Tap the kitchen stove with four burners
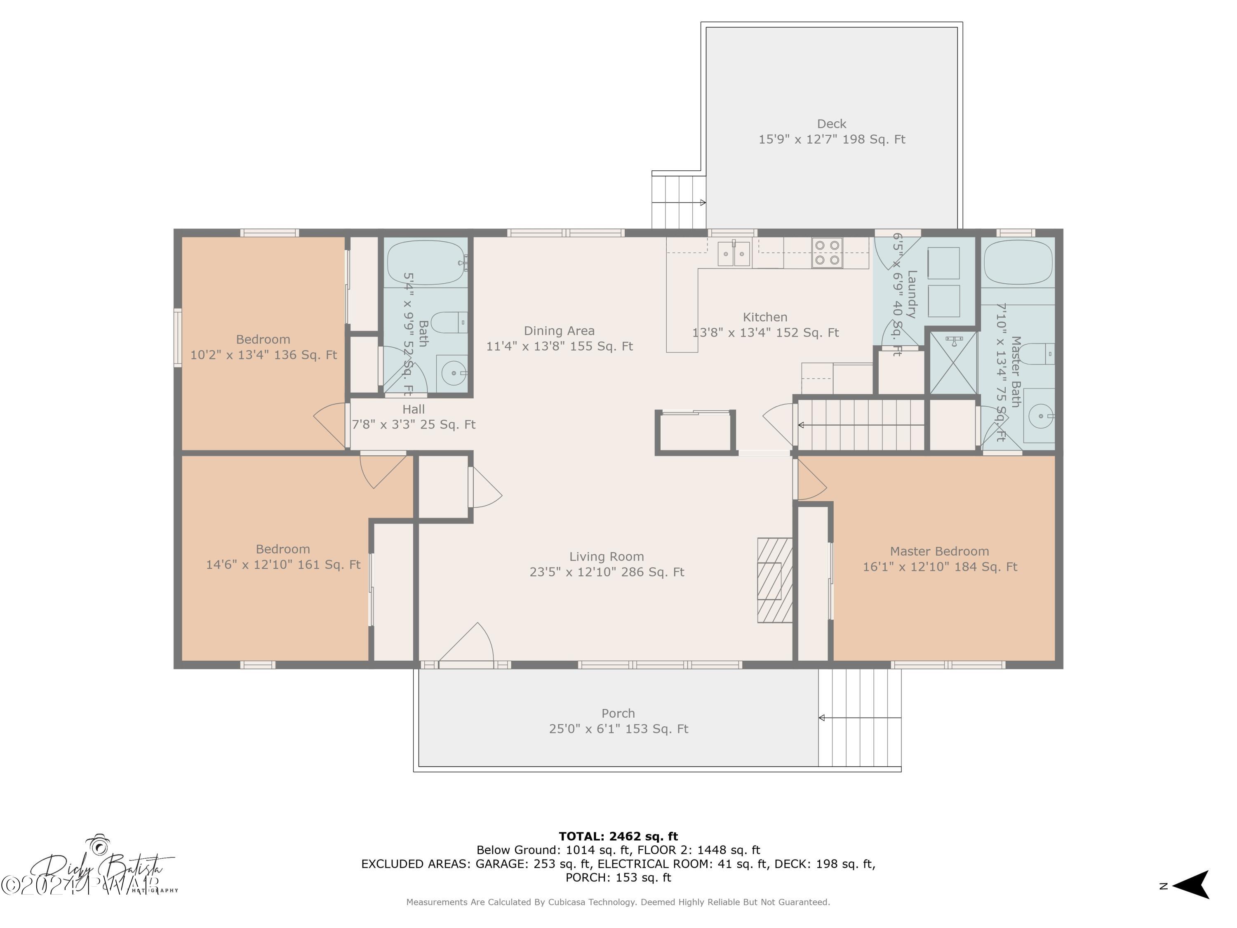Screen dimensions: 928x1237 [x=827, y=253]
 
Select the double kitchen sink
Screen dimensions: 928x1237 [x=733, y=254]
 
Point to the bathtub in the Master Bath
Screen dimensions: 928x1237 [x=1018, y=263]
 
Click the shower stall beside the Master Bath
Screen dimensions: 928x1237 [x=953, y=363]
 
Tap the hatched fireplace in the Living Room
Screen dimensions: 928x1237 [x=774, y=580]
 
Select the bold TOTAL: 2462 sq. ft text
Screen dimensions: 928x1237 [x=618, y=836]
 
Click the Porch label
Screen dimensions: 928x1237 [x=618, y=713]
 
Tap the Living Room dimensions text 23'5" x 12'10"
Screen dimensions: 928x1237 [x=607, y=572]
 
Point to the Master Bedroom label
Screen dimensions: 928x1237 [x=939, y=551]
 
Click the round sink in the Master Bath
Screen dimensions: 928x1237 [x=1040, y=416]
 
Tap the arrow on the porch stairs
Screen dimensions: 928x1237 [x=822, y=718]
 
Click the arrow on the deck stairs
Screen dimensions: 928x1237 [x=702, y=203]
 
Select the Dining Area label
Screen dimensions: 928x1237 [x=559, y=331]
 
